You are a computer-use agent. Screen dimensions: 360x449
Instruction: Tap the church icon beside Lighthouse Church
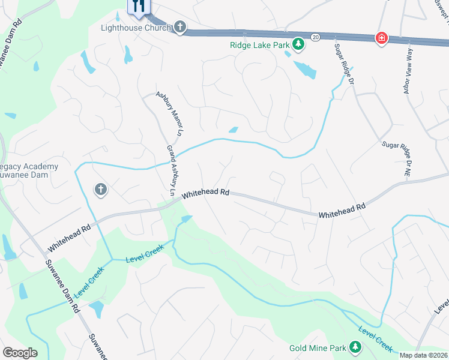coord(179,26)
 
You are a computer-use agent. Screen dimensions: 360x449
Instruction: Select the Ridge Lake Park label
coord(259,44)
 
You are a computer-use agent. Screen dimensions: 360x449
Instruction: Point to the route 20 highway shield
coord(315,37)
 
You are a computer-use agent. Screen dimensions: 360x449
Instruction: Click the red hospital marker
coord(381,38)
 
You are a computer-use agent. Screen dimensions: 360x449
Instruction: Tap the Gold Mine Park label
coord(318,348)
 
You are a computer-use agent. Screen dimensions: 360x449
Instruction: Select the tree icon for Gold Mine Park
coord(355,347)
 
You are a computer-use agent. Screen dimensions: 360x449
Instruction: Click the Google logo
coord(19,352)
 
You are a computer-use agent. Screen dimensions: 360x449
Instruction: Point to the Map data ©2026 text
coord(424,355)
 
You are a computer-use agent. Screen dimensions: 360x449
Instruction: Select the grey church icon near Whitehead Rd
coord(100,190)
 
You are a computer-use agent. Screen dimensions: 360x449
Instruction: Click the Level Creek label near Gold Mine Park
coord(376,338)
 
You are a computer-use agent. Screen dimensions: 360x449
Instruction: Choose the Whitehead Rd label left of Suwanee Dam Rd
coord(70,237)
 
